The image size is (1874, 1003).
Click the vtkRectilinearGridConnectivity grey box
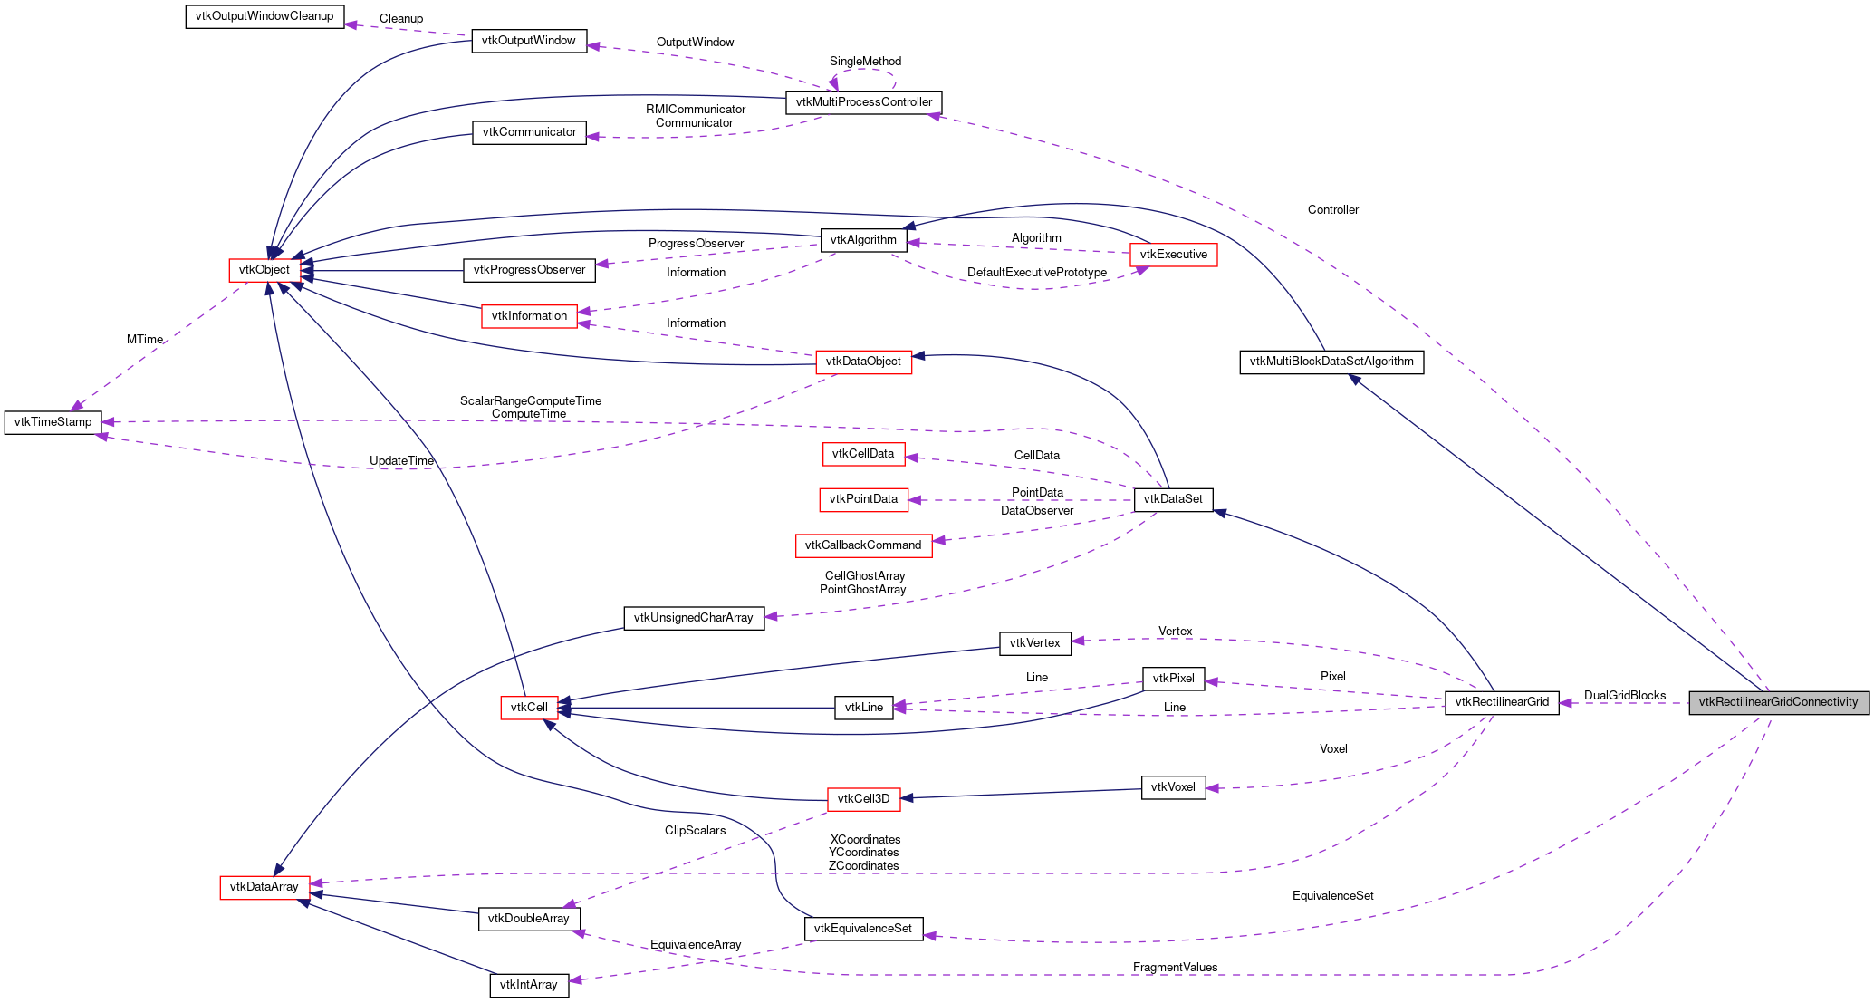coord(1778,702)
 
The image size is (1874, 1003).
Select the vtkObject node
coord(264,270)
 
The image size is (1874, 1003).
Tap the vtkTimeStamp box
coord(53,422)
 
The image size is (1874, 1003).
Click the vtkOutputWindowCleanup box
coord(264,16)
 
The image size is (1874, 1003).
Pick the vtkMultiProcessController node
coord(863,102)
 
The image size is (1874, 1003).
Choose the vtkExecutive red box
coord(1173,255)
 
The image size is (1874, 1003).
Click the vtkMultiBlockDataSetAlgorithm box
coord(1331,362)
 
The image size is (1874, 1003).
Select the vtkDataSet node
coord(1173,499)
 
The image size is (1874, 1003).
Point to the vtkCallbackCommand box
coord(863,545)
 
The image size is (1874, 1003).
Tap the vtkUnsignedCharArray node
coord(693,618)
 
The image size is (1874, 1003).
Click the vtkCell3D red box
coord(863,799)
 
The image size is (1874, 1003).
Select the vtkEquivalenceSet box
coord(863,929)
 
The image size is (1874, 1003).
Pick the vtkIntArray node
coord(529,985)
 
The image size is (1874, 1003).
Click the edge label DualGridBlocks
coord(1624,696)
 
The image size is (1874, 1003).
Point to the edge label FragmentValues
coord(1175,968)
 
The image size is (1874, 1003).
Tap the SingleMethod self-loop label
coord(865,62)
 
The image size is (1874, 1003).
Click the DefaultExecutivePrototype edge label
coord(1036,273)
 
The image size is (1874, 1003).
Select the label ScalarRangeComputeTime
coord(530,401)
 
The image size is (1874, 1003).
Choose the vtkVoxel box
coord(1173,787)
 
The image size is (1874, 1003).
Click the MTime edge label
coord(145,340)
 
